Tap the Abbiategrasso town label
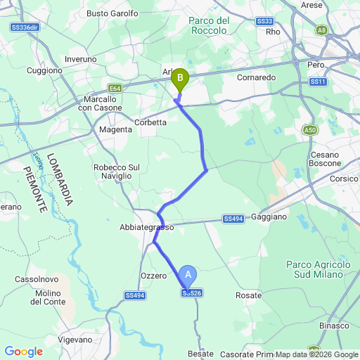coord(146,227)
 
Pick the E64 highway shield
coord(115,89)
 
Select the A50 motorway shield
coord(311,130)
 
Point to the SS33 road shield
coord(265,21)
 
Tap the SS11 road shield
coord(319,82)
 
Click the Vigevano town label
coord(75,340)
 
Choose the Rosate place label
coord(248,295)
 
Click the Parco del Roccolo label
coord(210,25)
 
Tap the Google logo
coord(23,352)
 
